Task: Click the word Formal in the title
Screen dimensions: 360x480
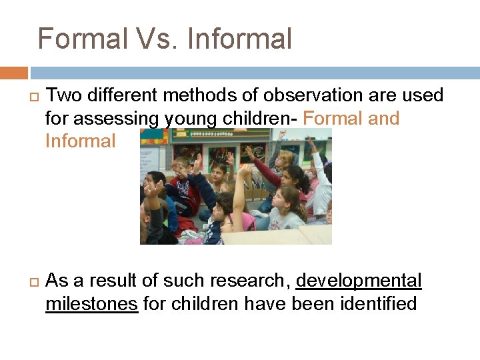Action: pyautogui.click(x=81, y=39)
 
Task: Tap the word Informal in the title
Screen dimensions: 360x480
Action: pyautogui.click(x=240, y=39)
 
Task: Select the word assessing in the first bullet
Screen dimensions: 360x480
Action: pyautogui.click(x=118, y=119)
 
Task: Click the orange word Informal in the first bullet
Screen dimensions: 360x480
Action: pyautogui.click(x=80, y=141)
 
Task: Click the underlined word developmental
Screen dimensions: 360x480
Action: pyautogui.click(x=359, y=281)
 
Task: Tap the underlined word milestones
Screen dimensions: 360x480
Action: pyautogui.click(x=91, y=305)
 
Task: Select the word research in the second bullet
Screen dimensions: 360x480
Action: pyautogui.click(x=248, y=281)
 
